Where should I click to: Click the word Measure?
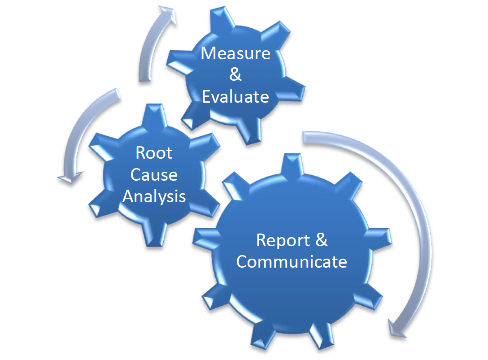pyautogui.click(x=235, y=53)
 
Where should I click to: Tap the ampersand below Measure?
pyautogui.click(x=235, y=75)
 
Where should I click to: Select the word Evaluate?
pyautogui.click(x=235, y=97)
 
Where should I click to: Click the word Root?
pyautogui.click(x=154, y=153)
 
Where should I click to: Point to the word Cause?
pyautogui.click(x=154, y=174)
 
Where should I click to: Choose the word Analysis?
pyautogui.click(x=154, y=197)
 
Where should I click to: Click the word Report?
pyautogui.click(x=283, y=240)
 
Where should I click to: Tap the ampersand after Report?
pyautogui.click(x=322, y=239)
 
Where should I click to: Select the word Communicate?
pyautogui.click(x=292, y=262)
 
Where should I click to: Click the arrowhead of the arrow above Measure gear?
pyautogui.click(x=168, y=14)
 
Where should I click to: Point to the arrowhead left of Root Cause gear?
pyautogui.click(x=70, y=178)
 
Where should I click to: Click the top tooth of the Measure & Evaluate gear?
pyautogui.click(x=222, y=19)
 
